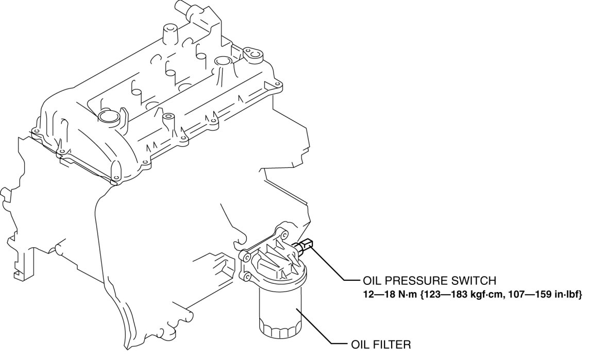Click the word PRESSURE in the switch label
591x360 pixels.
click(414, 281)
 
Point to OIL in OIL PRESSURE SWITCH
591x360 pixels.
click(370, 281)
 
